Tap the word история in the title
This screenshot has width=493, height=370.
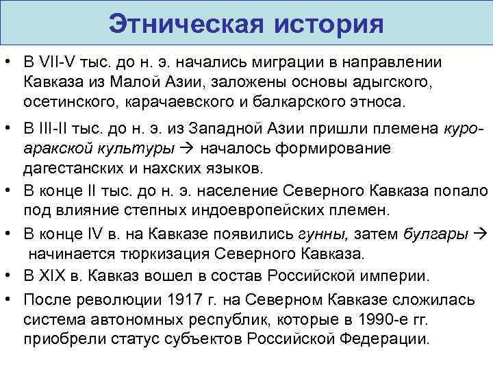pos(329,25)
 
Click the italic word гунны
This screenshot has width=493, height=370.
pos(320,234)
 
